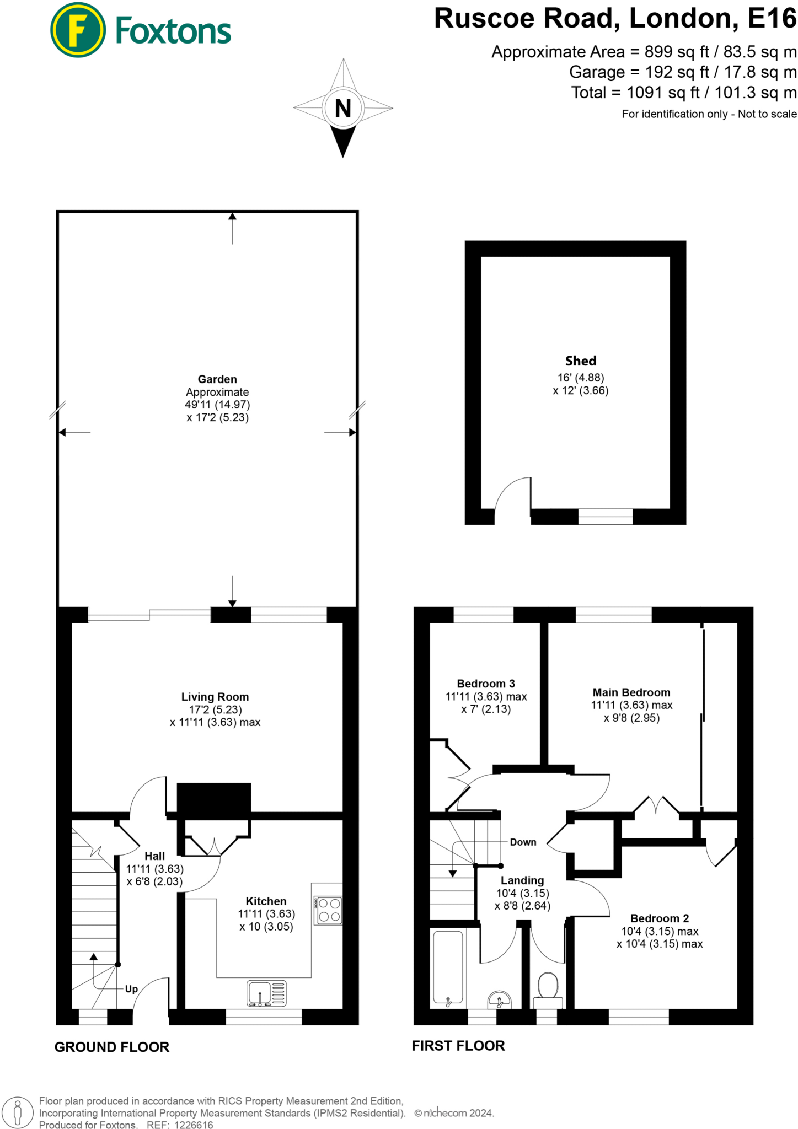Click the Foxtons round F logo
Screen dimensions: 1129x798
point(77,30)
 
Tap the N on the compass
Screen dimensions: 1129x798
point(343,108)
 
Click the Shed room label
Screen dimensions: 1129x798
point(581,361)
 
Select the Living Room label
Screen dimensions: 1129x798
point(215,697)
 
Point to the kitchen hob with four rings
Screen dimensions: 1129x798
point(329,910)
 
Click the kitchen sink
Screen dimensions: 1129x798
point(266,993)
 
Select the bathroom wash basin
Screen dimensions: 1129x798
point(500,999)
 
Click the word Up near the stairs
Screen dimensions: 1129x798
point(131,989)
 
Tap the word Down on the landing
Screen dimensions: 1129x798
point(523,842)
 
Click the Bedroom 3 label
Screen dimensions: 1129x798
point(486,684)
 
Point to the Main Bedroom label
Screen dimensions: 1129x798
point(631,692)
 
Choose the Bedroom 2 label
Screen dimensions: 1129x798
point(660,918)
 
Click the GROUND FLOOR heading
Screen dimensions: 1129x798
point(112,1047)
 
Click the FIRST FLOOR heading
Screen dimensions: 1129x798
point(458,1046)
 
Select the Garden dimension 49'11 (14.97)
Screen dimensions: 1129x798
point(217,405)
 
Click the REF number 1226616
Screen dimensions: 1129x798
point(193,1125)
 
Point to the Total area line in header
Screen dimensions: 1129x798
point(683,93)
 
